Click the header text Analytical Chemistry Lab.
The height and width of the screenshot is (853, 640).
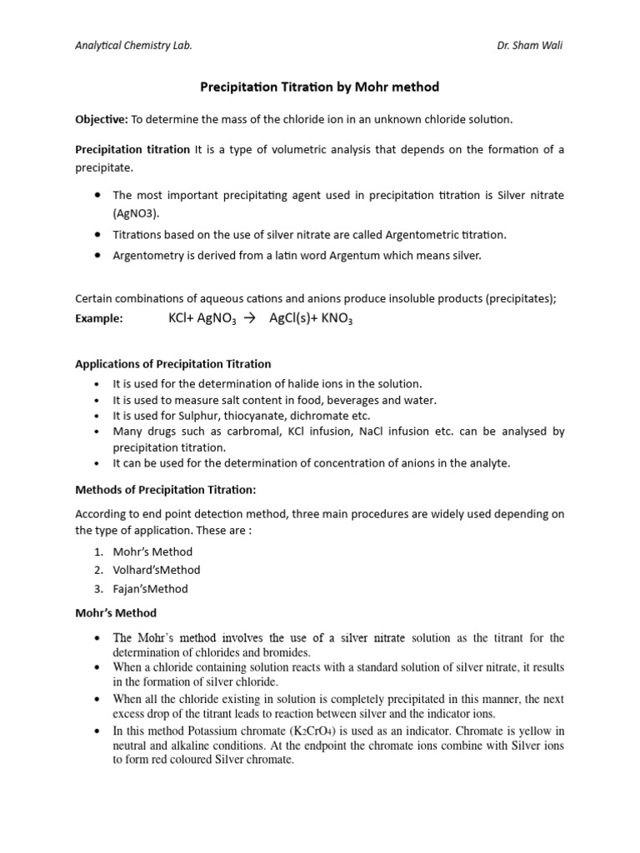[133, 45]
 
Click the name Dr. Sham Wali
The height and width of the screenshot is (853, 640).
[530, 45]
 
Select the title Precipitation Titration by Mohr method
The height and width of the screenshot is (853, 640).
[319, 87]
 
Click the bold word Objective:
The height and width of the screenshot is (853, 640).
[101, 120]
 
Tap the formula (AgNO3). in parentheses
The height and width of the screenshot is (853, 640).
[137, 213]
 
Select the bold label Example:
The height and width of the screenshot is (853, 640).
[99, 318]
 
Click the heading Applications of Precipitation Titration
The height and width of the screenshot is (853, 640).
[172, 364]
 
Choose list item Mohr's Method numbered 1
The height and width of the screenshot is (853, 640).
[153, 551]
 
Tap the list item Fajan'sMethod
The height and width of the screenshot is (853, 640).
[151, 589]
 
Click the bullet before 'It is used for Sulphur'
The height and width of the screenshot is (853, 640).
[97, 416]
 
